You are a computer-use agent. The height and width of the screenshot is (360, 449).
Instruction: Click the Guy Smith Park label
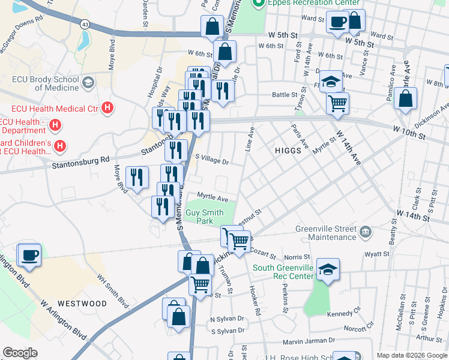click(x=200, y=217)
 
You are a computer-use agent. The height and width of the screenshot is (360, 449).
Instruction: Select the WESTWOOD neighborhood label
click(x=82, y=304)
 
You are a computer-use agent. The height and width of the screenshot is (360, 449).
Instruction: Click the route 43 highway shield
click(x=85, y=23)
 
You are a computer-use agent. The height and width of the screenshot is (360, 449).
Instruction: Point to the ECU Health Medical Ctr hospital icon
click(x=107, y=109)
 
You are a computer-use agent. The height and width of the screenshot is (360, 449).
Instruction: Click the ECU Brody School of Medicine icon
click(x=89, y=82)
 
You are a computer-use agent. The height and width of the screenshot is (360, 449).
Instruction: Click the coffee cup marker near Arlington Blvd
click(x=29, y=254)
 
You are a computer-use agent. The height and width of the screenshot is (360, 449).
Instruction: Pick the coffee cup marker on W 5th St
click(x=337, y=22)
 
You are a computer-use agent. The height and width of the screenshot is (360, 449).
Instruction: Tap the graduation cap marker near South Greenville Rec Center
click(x=328, y=269)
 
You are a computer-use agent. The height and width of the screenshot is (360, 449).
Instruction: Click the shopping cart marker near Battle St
click(x=337, y=103)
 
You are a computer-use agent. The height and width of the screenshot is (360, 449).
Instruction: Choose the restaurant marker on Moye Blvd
click(x=137, y=177)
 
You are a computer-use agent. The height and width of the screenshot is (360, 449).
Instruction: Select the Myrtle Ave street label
click(x=212, y=198)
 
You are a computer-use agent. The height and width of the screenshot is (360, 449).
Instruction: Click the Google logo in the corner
click(x=19, y=353)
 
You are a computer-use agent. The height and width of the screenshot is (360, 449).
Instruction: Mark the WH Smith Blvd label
click(x=113, y=291)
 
